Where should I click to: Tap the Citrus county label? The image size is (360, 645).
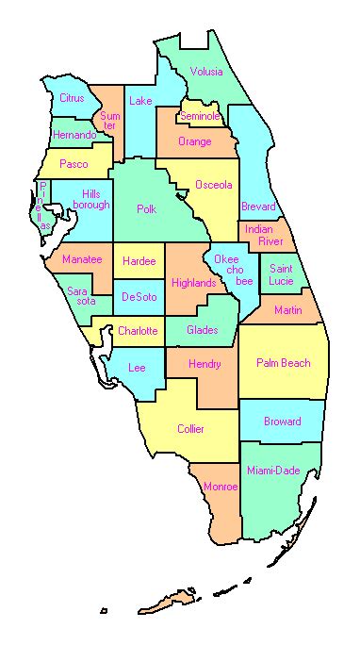72,98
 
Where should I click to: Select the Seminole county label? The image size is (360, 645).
200,116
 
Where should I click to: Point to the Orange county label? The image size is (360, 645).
194,141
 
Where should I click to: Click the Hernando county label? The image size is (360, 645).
74,135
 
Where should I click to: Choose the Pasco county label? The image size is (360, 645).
74,164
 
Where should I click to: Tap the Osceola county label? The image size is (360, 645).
213,184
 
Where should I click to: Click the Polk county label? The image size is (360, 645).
146,209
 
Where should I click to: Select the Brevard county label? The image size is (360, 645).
258,207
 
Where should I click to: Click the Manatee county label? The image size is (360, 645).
82,259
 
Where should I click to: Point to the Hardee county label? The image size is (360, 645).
139,260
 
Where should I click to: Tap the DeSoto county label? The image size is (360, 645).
139,297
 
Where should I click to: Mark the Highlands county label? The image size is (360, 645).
194,282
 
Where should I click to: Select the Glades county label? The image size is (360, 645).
203,330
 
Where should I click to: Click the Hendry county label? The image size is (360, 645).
205,364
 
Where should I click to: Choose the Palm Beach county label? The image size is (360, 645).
282,363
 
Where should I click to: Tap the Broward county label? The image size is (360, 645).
283,422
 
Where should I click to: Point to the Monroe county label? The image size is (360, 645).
221,487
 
